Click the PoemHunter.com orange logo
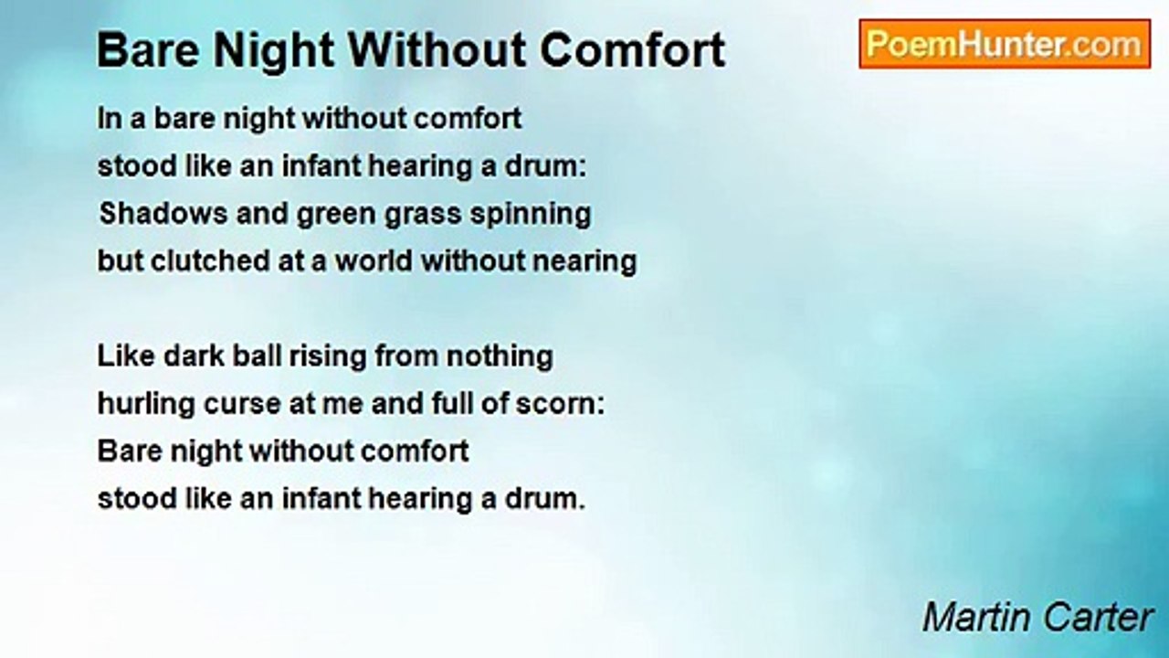(1005, 44)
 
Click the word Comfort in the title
(633, 50)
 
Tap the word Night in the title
(274, 51)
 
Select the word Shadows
(163, 214)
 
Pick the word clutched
(210, 260)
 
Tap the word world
(374, 260)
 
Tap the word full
(451, 404)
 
